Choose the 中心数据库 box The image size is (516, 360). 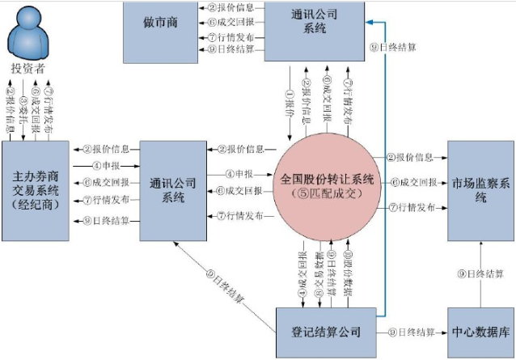coord(481,332)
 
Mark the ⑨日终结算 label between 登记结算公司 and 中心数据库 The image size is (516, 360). coord(412,332)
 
